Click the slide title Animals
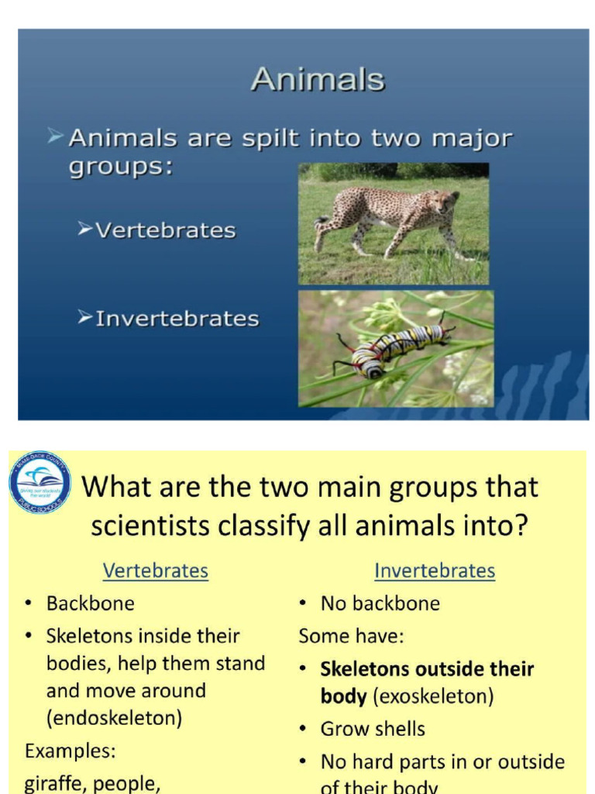click(x=318, y=80)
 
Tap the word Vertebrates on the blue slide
click(x=165, y=230)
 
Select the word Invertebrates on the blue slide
click(x=177, y=319)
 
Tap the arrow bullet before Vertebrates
click(x=84, y=230)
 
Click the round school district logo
click(x=40, y=482)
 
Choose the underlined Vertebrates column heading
click(x=156, y=571)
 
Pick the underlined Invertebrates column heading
click(x=434, y=571)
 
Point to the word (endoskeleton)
click(x=114, y=718)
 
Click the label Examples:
click(x=70, y=751)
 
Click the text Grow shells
click(x=373, y=729)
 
